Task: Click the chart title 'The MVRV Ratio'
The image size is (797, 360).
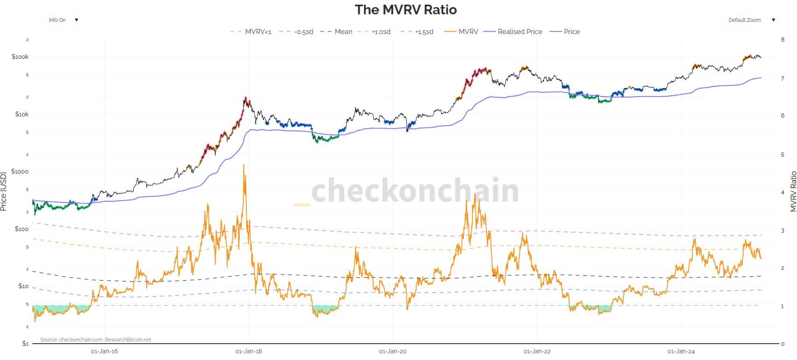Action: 406,10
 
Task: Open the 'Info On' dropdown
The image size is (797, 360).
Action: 63,20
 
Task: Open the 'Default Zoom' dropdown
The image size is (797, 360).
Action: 751,20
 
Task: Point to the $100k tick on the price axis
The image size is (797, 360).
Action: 20,57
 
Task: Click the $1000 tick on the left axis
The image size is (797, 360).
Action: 20,171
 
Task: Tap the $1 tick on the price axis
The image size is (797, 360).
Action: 25,344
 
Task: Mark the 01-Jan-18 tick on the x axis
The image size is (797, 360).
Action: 249,352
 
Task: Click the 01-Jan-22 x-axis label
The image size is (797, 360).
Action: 537,352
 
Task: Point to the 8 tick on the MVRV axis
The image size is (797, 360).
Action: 783,40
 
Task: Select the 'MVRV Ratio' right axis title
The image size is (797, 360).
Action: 793,191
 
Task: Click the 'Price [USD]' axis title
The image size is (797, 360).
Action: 4,191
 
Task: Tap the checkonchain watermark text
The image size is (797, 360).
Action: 415,191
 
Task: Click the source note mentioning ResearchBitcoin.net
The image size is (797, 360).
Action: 96,340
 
